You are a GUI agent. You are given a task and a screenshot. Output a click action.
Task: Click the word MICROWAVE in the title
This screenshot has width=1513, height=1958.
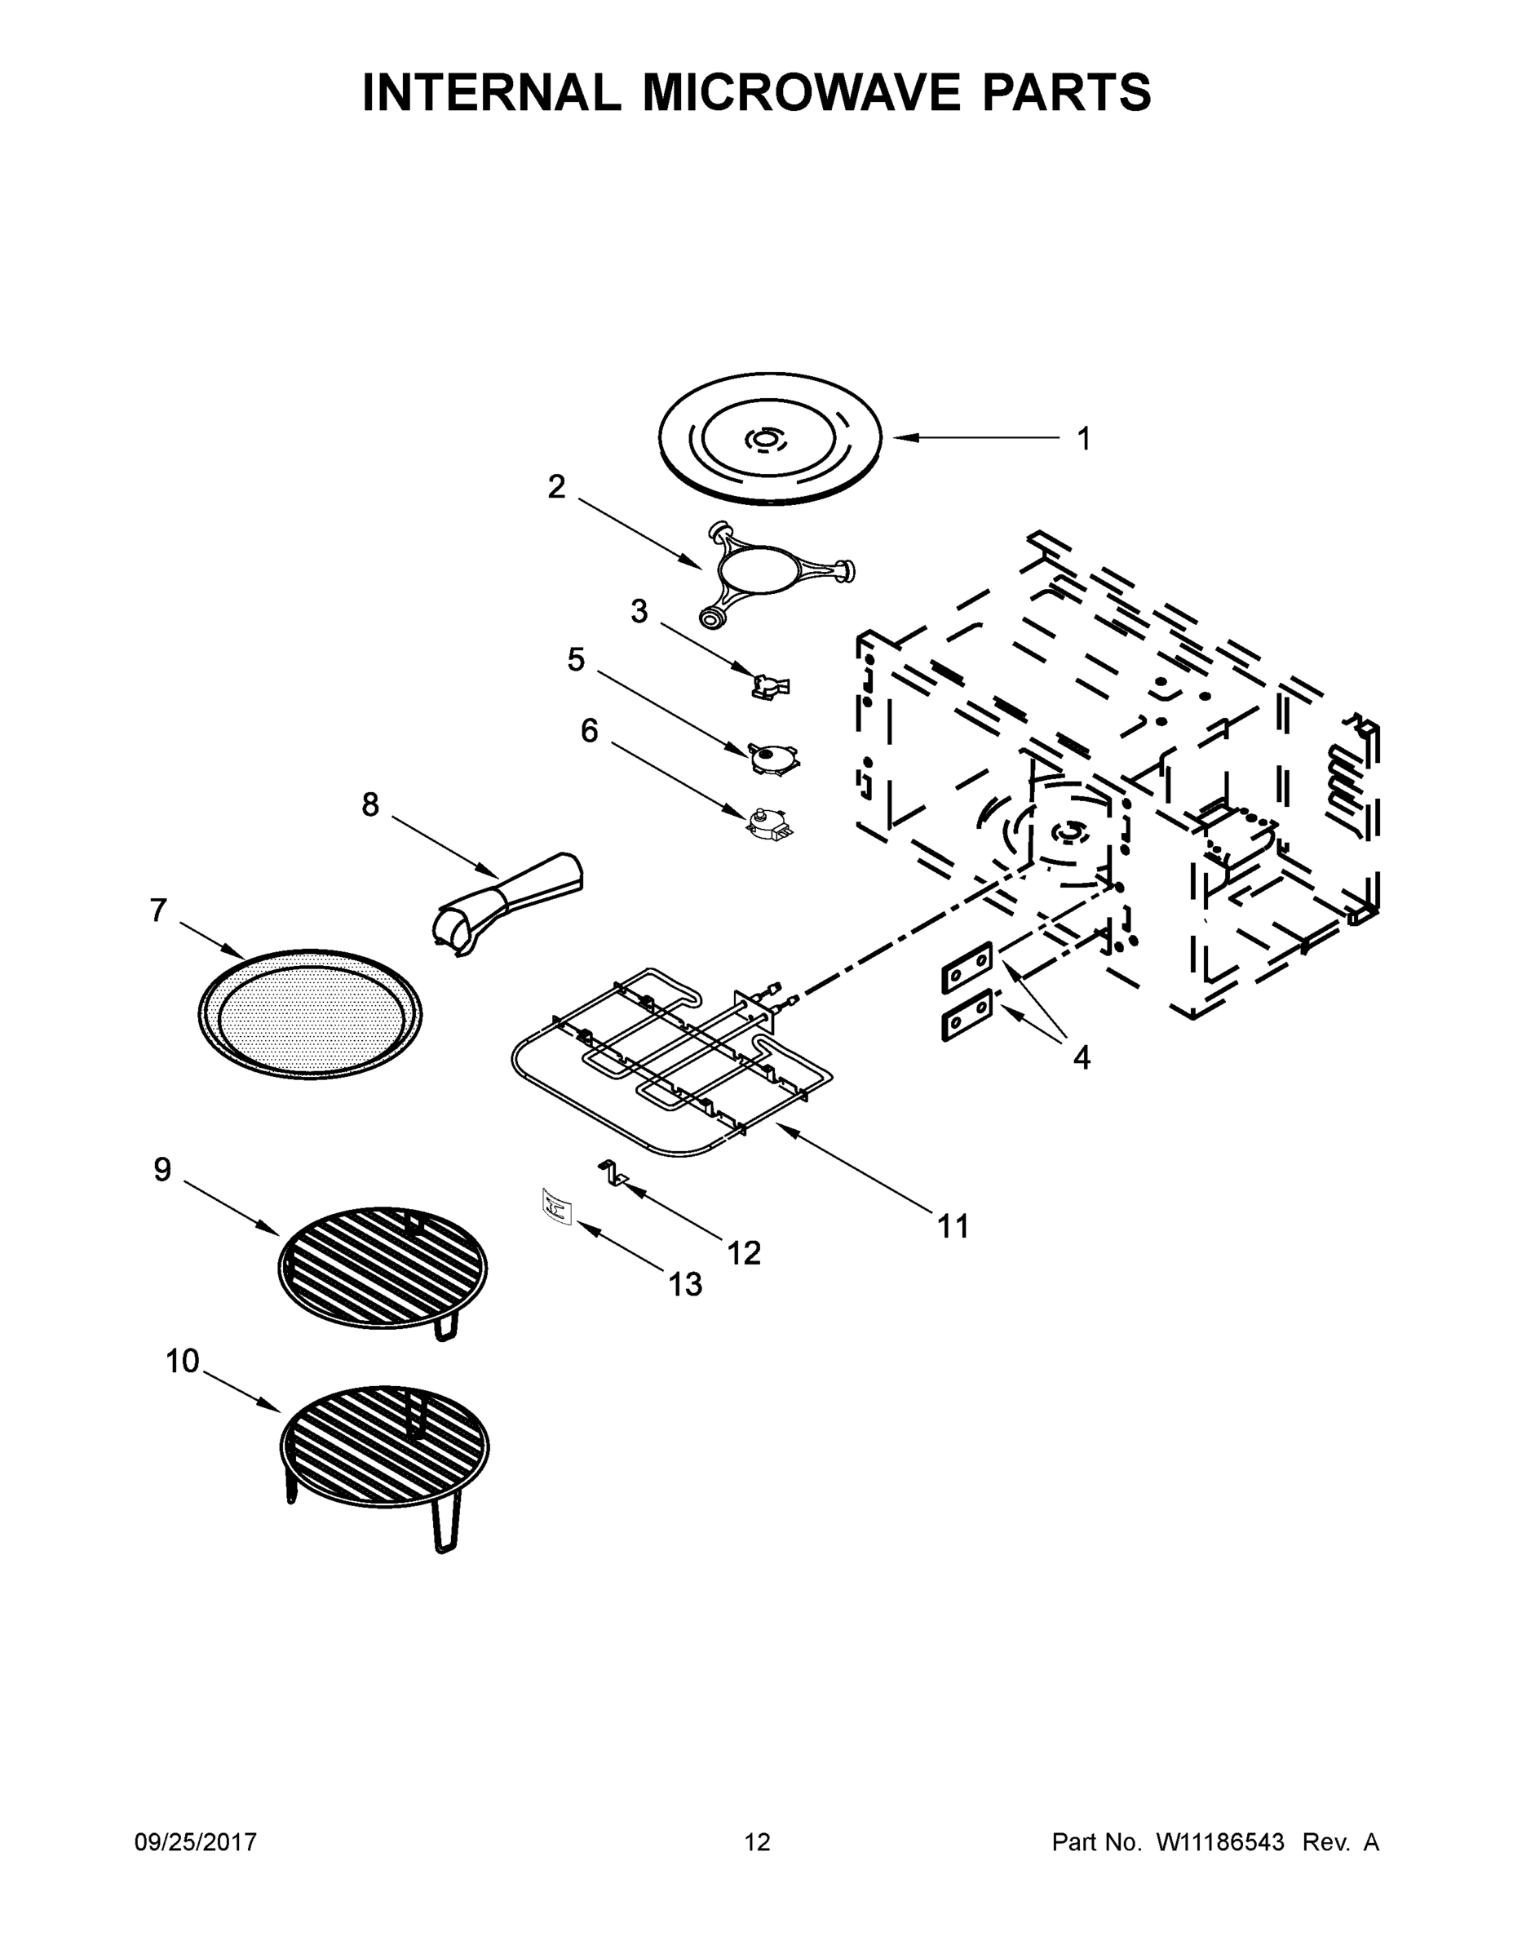tap(804, 92)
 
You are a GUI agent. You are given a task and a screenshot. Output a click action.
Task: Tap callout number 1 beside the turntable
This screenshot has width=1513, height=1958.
tap(1084, 439)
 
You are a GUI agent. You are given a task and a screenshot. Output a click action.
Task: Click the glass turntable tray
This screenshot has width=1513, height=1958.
tap(769, 438)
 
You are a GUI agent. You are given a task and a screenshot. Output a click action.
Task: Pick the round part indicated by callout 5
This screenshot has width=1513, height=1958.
tap(771, 758)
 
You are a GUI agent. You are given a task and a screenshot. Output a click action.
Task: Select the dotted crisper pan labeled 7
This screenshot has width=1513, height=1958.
tap(309, 1014)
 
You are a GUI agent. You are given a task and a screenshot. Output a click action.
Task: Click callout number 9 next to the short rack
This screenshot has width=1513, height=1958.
tap(162, 1169)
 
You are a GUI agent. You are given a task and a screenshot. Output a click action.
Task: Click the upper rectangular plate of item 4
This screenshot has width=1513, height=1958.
tap(967, 968)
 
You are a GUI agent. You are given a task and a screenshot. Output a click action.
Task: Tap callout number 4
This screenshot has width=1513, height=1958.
tap(1082, 1059)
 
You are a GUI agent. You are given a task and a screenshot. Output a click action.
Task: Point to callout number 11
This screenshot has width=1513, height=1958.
tap(953, 1225)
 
